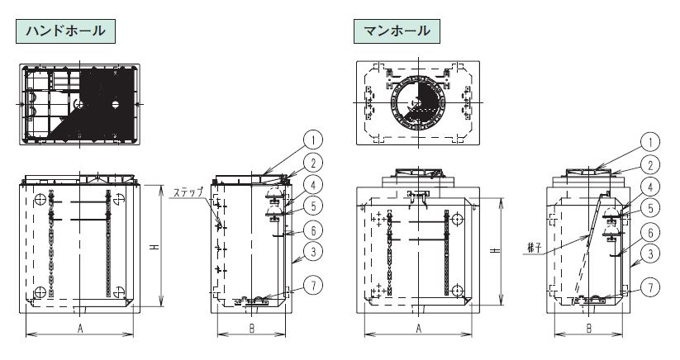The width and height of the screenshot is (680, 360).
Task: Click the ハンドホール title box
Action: [x=65, y=31]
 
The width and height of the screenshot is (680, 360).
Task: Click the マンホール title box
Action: [x=397, y=31]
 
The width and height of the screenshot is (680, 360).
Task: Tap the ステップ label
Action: [x=188, y=192]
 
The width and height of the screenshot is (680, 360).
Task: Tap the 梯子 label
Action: [x=535, y=249]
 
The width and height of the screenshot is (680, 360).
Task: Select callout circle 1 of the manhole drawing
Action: [x=650, y=142]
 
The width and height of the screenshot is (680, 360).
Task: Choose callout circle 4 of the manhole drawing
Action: [x=650, y=187]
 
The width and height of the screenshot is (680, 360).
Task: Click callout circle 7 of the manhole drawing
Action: [x=650, y=287]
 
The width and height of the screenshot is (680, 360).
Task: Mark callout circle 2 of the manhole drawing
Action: [x=650, y=165]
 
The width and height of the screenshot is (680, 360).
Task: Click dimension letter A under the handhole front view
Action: [x=80, y=329]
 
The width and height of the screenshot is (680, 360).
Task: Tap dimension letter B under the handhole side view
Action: [x=251, y=329]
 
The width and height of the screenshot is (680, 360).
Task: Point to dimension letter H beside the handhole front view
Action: [x=155, y=247]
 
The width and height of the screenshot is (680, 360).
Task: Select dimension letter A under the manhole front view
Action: [x=419, y=329]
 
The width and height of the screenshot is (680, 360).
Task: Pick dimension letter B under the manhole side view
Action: [x=588, y=329]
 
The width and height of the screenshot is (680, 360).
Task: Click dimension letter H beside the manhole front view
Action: [x=496, y=251]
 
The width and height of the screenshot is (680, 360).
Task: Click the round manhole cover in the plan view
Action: [x=416, y=102]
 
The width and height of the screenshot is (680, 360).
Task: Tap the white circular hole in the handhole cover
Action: [x=115, y=104]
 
